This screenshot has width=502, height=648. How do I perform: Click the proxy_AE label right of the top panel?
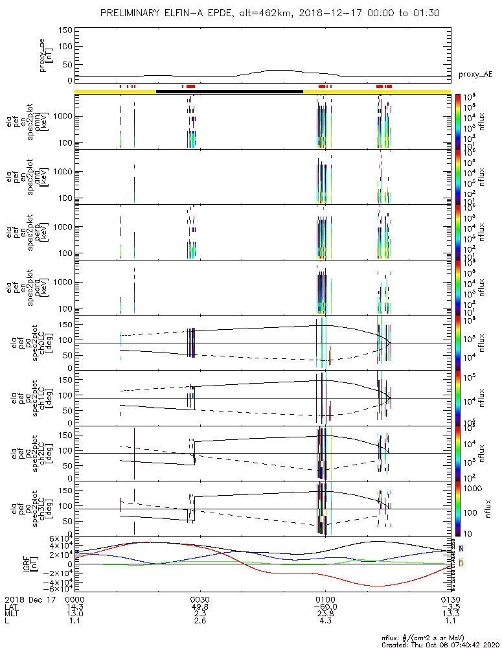(x=476, y=75)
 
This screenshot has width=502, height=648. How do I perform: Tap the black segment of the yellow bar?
(x=229, y=91)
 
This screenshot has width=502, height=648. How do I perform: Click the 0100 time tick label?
(x=325, y=598)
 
